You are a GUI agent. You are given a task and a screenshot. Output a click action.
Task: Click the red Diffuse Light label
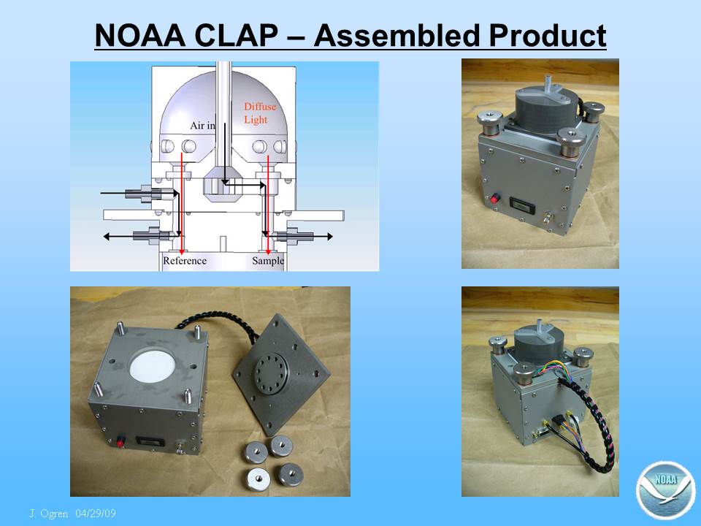tap(260, 113)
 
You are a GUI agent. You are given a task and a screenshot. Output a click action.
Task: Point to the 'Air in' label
tap(202, 126)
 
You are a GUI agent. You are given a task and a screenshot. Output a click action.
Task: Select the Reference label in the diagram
tap(185, 260)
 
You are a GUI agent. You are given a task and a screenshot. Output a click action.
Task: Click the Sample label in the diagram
tap(268, 260)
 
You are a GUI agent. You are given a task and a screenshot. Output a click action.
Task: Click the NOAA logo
tap(666, 490)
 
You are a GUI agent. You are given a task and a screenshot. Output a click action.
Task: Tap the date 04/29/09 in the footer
tap(96, 513)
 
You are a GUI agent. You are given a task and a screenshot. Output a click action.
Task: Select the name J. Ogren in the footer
tap(49, 513)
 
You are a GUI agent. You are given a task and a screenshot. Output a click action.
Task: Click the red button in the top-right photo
tap(494, 199)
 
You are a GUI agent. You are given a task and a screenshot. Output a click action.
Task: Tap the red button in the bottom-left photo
tap(120, 443)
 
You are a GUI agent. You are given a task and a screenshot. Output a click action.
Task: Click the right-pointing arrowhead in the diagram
tap(329, 237)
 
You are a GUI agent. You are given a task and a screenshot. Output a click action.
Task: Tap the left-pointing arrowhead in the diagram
tap(107, 237)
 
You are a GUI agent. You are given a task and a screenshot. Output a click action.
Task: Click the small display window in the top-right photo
tap(521, 203)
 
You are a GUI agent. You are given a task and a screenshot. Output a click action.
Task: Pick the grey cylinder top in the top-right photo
tap(545, 108)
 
